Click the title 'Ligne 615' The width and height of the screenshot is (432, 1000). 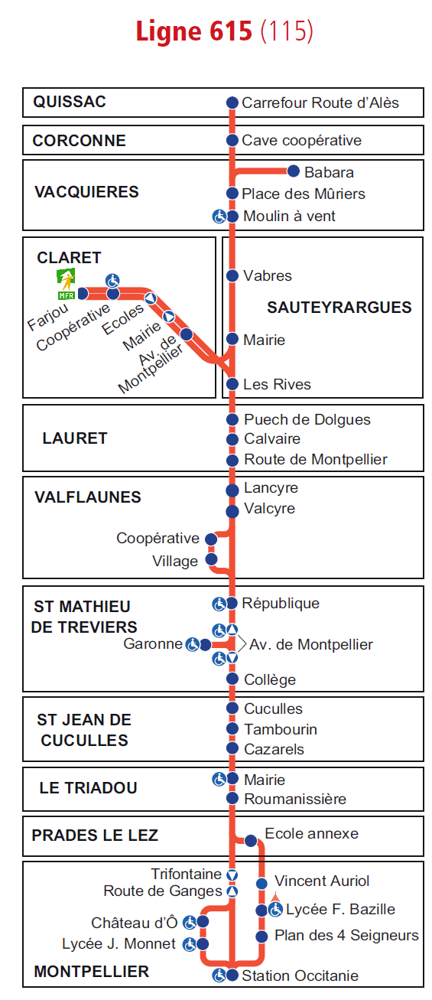pos(194,31)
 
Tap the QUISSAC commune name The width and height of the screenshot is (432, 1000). pos(70,102)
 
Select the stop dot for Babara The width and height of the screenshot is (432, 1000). pos(293,171)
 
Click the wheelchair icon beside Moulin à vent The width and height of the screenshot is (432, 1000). pos(219,217)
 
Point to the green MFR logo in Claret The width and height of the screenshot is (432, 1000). pos(66,284)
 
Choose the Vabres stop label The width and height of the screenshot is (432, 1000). pos(268,276)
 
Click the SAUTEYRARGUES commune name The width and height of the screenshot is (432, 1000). pos(339,307)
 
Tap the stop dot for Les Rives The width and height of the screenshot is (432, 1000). pos(232,383)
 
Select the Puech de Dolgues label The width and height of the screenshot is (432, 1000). pos(307,419)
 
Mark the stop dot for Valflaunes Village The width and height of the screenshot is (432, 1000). pos(211,559)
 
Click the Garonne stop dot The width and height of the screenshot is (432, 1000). pos(205,644)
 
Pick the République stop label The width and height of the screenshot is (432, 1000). pos(281,603)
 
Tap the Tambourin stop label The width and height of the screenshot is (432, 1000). pos(281,729)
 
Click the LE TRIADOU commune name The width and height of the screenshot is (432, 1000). pos(88,788)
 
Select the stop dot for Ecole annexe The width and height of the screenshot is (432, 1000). pos(251,841)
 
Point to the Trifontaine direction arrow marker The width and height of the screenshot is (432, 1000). pos(232,875)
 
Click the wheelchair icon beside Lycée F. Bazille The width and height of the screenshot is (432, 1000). pos(276,910)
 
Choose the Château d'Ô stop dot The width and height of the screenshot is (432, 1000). pos(203,921)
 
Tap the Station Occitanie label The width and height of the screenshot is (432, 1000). pos(300,976)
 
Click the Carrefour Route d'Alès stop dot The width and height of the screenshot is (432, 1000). pos(232,103)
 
